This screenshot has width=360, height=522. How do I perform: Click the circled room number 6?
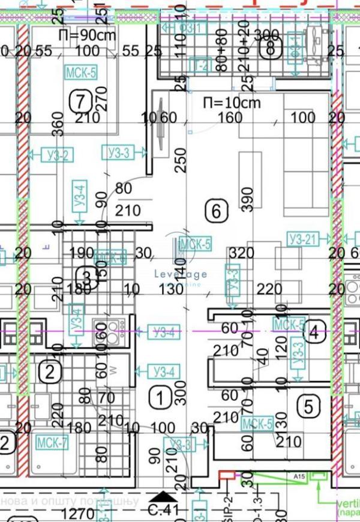click(x=217, y=211)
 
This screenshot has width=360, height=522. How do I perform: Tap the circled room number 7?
click(x=80, y=100)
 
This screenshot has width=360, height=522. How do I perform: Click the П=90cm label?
click(x=87, y=35)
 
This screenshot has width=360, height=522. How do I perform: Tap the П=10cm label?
click(x=232, y=103)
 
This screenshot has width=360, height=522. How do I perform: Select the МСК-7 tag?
click(x=52, y=443)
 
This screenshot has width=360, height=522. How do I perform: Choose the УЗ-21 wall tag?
click(x=302, y=239)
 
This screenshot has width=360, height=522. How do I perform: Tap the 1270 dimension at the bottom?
click(x=78, y=514)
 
